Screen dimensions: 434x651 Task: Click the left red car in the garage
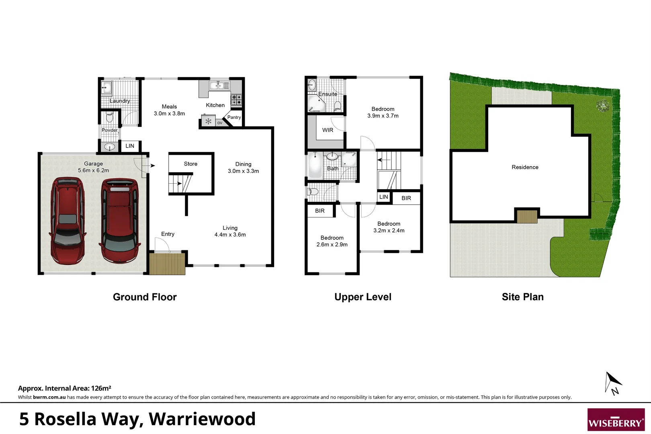pyautogui.click(x=67, y=221)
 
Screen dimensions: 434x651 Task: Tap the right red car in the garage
pyautogui.click(x=120, y=221)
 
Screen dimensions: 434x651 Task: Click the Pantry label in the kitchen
pyautogui.click(x=234, y=117)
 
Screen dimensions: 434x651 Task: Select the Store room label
pyautogui.click(x=190, y=164)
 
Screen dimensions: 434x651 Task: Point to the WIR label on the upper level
pyautogui.click(x=328, y=130)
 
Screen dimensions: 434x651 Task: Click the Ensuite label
pyautogui.click(x=328, y=94)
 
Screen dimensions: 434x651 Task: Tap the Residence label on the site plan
pyautogui.click(x=525, y=167)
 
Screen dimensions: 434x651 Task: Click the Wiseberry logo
pyautogui.click(x=616, y=420)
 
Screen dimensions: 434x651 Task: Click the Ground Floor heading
pyautogui.click(x=145, y=297)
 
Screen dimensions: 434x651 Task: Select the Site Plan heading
pyautogui.click(x=522, y=297)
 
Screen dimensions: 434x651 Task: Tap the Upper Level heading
pyautogui.click(x=363, y=297)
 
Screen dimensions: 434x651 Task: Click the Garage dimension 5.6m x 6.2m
pyautogui.click(x=93, y=170)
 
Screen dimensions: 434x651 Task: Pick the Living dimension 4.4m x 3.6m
pyautogui.click(x=230, y=235)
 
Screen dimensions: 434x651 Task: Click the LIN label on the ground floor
pyautogui.click(x=130, y=146)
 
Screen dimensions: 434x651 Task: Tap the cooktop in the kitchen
pyautogui.click(x=236, y=100)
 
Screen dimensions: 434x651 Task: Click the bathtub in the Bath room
pyautogui.click(x=315, y=166)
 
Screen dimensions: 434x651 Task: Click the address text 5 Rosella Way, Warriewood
pyautogui.click(x=137, y=419)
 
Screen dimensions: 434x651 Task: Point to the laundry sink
pyautogui.click(x=106, y=86)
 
